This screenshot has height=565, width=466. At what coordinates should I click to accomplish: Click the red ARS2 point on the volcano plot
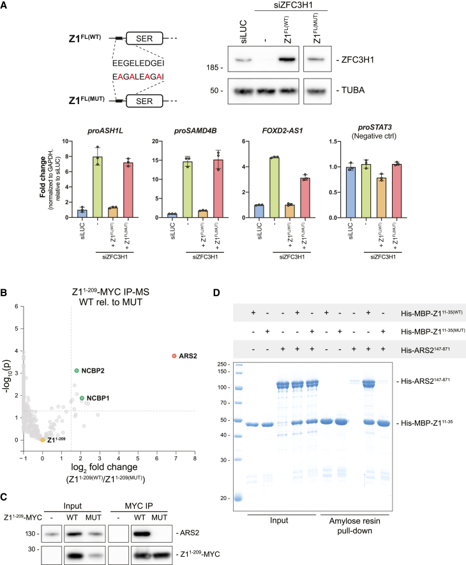point(174,356)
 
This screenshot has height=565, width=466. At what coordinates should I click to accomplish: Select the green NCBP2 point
point(77,370)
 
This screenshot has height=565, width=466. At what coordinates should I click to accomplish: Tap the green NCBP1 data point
point(82,398)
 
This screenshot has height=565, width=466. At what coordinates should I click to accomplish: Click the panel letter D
point(234,276)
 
